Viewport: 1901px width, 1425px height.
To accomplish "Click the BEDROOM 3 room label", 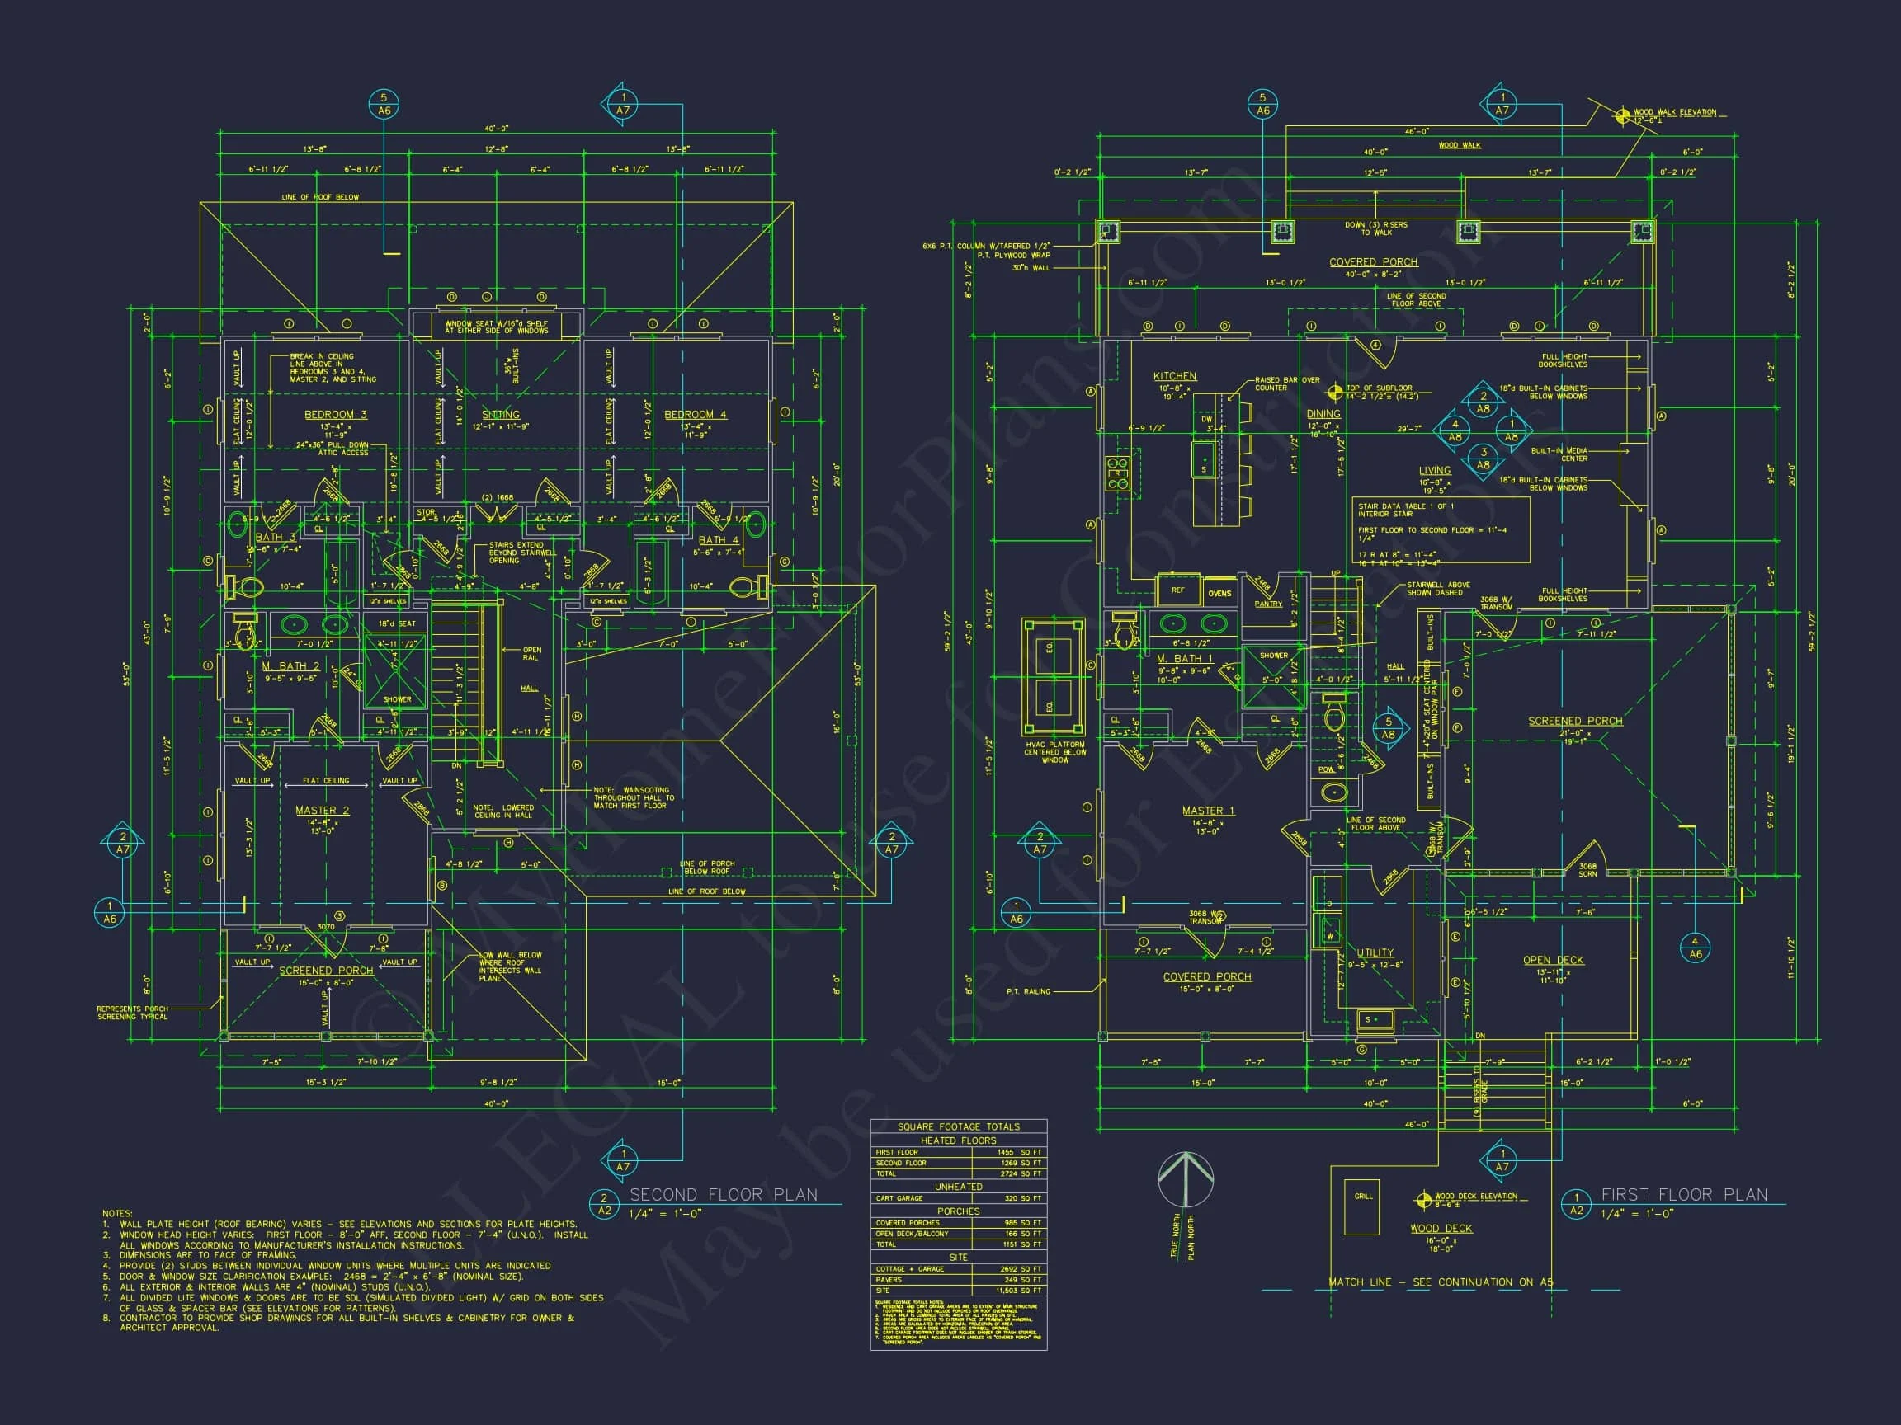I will [x=335, y=415].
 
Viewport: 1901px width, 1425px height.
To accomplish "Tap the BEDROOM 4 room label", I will [x=695, y=415].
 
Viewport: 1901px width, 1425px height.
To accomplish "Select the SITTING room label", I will [x=500, y=415].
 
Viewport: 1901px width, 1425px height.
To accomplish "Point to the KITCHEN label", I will [x=1174, y=376].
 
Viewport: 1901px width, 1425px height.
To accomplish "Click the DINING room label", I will [x=1323, y=414].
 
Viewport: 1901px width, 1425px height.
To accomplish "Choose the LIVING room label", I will [x=1434, y=471].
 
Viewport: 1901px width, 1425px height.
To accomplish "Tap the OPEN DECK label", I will [x=1553, y=960].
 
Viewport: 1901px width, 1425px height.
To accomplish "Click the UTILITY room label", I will [x=1375, y=952].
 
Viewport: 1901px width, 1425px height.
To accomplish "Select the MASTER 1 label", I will [x=1207, y=811].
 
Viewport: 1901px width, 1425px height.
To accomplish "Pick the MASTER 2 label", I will [x=323, y=810].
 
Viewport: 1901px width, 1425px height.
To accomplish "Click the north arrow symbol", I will [x=1185, y=1179].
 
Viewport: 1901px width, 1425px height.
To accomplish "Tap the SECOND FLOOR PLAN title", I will [x=723, y=1195].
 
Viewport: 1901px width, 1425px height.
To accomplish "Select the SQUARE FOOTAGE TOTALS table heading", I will [x=958, y=1127].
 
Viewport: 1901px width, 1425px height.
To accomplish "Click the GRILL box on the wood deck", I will [x=1363, y=1207].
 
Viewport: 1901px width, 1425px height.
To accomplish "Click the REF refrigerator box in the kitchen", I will [x=1177, y=590].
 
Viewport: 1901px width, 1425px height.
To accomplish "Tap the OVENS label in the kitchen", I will [x=1219, y=593].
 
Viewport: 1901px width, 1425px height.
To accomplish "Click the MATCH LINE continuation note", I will [x=1441, y=1306].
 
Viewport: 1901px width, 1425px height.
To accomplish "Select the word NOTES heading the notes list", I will [x=118, y=1214].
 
